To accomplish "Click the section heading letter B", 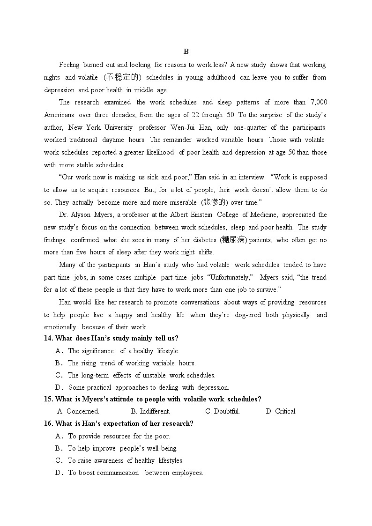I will pos(186,52).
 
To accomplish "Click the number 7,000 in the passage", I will pos(319,103).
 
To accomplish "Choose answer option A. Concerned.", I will pos(78,412).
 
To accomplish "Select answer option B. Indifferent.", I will pos(150,412).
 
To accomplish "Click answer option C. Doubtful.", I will pos(223,412).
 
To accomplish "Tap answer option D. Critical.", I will pos(281,412).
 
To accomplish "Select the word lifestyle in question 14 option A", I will pos(168,351).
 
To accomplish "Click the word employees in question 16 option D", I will pos(187,473).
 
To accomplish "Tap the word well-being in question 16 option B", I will pos(163,449).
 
